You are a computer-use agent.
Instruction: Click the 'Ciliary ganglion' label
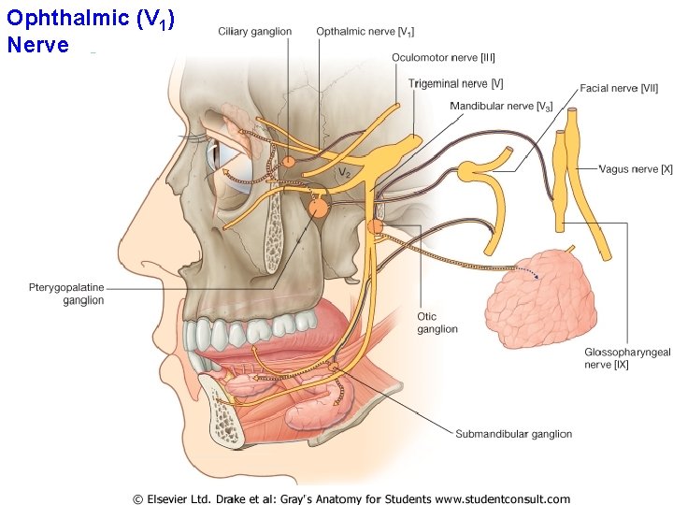coord(254,32)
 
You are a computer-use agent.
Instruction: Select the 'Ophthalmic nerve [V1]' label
coord(365,32)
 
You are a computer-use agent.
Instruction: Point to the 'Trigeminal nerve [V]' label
coord(455,84)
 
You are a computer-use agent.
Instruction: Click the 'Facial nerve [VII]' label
coord(620,88)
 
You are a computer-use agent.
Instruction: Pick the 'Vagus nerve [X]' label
coord(636,169)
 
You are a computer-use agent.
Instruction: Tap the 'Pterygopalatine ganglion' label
coord(66,294)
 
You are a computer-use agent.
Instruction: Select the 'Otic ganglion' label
coord(437,323)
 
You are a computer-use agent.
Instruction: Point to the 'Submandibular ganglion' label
coord(513,434)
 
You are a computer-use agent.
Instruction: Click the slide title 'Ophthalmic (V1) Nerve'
coord(89,32)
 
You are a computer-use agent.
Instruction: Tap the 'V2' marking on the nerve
coord(344,172)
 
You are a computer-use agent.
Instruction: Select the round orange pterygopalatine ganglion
coord(318,208)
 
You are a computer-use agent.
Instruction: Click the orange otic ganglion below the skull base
coord(375,227)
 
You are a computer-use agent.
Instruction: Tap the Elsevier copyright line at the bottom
coord(351,498)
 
